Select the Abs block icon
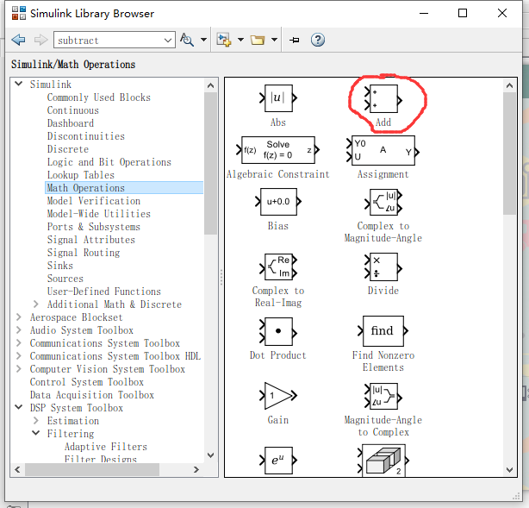(277, 97)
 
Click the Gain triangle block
(277, 396)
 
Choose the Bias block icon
(277, 202)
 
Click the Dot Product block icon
(277, 331)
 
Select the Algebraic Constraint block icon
(277, 149)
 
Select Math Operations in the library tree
(86, 188)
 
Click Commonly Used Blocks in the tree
(98, 97)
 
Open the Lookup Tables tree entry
(80, 175)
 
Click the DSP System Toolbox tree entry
(76, 408)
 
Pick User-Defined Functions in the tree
(103, 292)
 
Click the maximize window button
(463, 13)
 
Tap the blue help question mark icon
(318, 40)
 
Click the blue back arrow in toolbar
(19, 40)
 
